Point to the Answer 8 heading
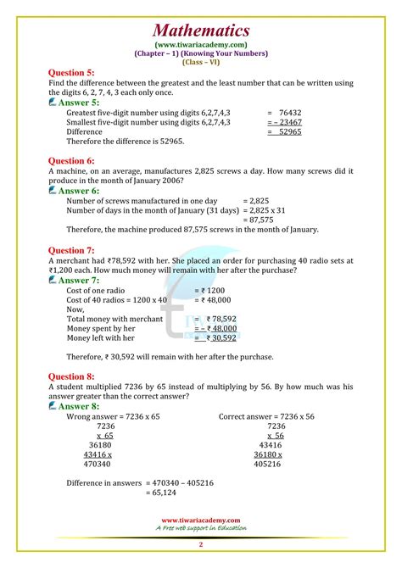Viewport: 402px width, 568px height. (84, 407)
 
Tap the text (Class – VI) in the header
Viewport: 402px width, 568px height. (201, 62)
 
